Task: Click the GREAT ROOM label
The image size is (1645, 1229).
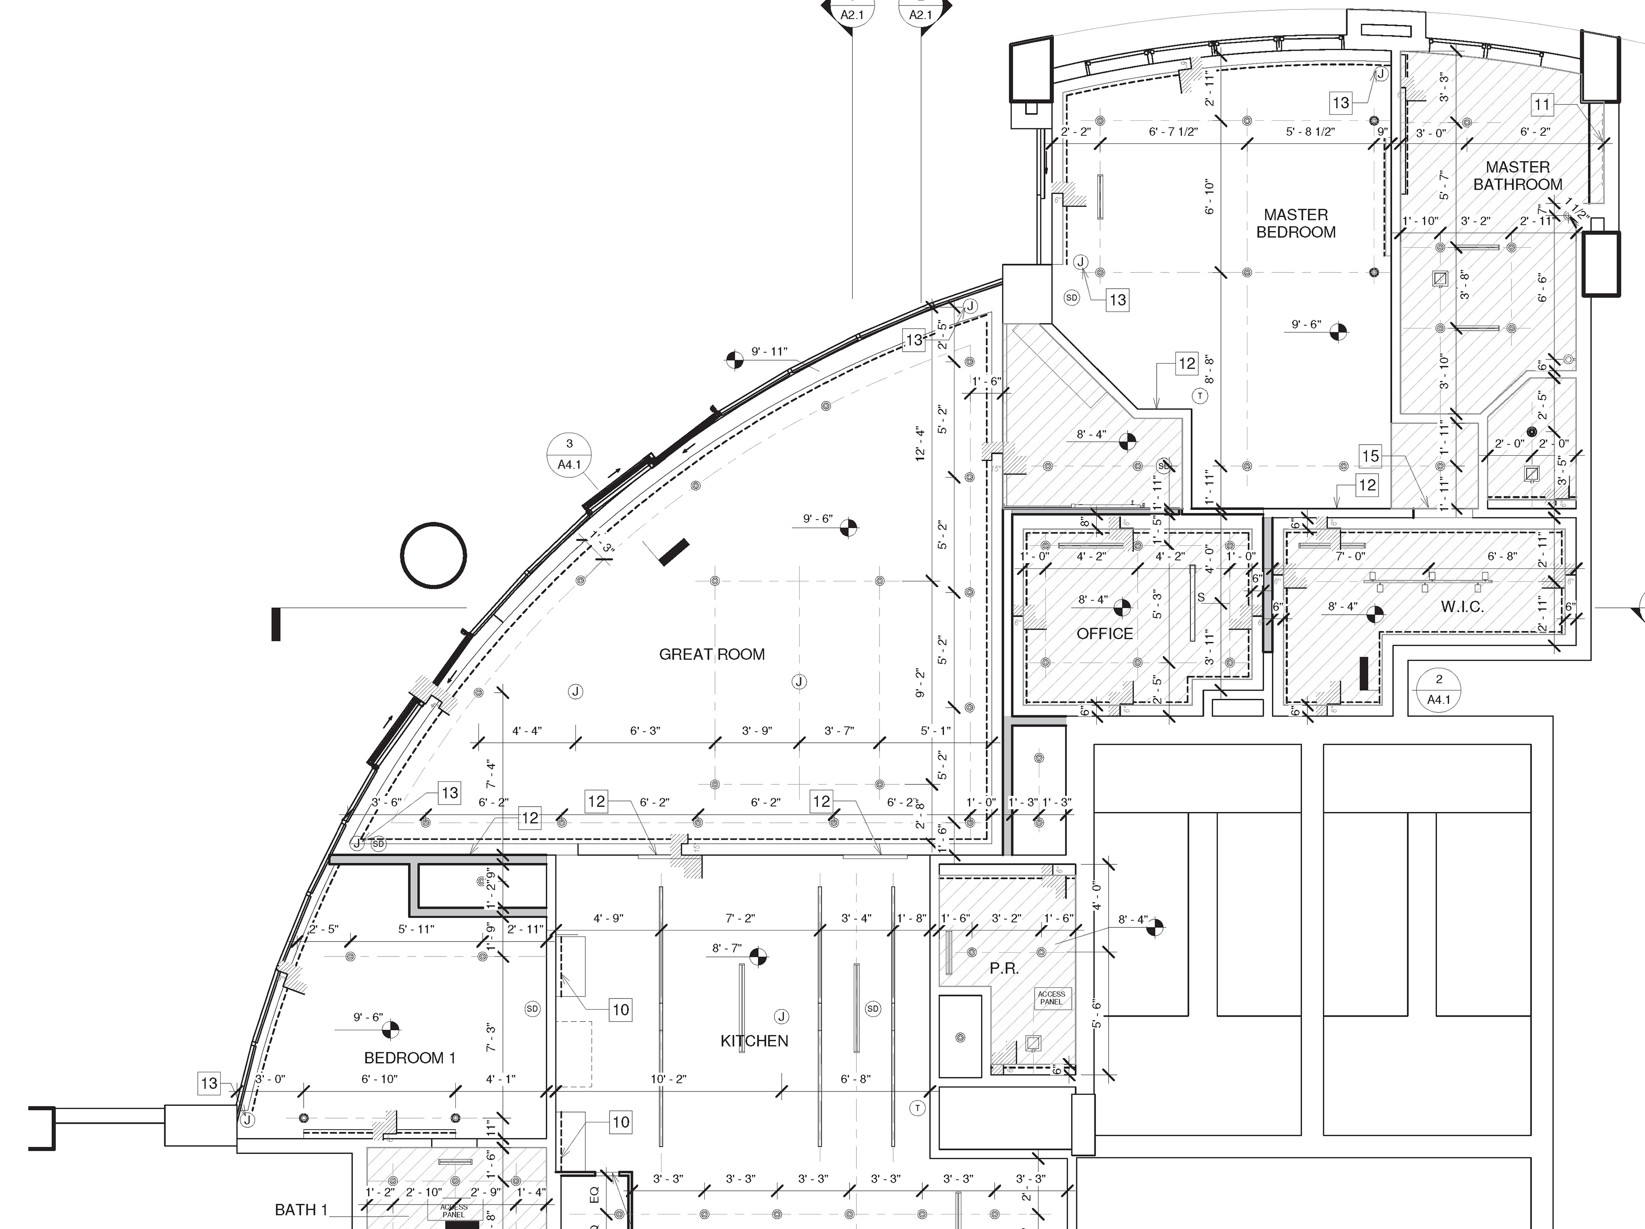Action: click(712, 654)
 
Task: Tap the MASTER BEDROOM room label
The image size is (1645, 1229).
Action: click(1295, 223)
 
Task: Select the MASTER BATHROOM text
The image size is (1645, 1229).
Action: click(1517, 176)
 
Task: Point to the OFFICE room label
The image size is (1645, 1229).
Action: click(1105, 634)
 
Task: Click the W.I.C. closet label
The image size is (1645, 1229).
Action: click(1462, 607)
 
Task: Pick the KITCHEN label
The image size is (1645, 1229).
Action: click(754, 1041)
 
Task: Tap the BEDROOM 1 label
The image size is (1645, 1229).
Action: click(410, 1058)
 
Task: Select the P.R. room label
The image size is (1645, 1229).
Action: click(1004, 969)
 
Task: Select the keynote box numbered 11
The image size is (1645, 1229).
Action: click(1542, 105)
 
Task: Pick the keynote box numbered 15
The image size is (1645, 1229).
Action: click(1370, 456)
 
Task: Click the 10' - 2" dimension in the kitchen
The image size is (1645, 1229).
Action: click(669, 1079)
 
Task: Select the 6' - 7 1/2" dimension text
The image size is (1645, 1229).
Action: click(1173, 132)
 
